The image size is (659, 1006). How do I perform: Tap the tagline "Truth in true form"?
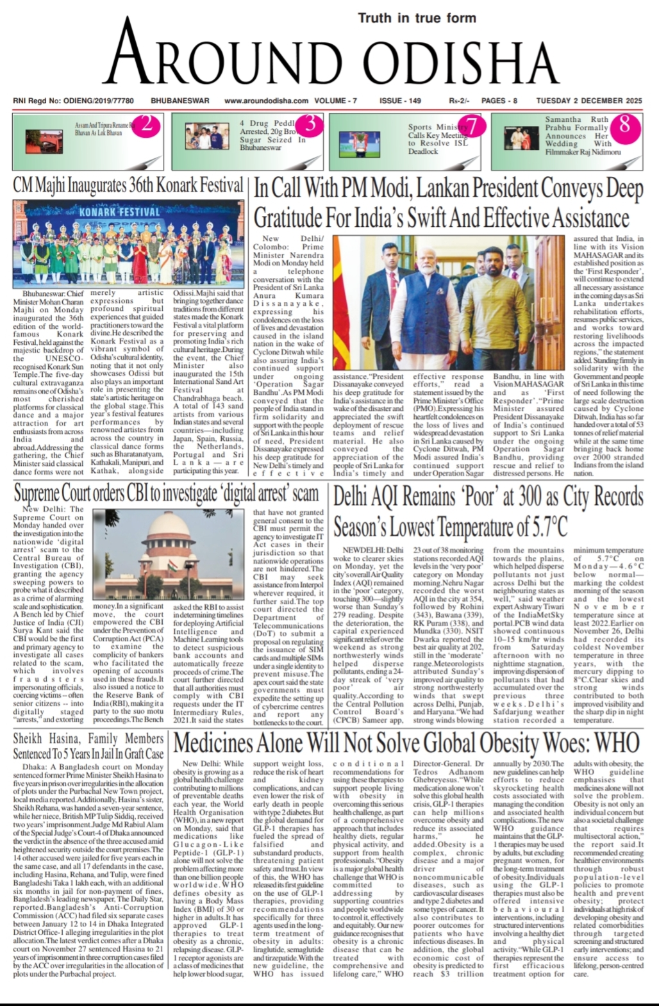[417, 18]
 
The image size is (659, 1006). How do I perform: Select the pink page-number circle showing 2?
[146, 124]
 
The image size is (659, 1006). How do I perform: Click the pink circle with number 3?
[310, 124]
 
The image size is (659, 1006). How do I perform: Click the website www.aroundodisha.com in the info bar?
[266, 101]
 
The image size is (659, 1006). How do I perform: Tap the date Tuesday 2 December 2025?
[589, 101]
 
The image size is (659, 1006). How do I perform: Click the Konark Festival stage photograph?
[128, 243]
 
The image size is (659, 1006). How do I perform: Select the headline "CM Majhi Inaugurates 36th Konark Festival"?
[128, 186]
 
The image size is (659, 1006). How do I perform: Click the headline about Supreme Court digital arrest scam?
[166, 493]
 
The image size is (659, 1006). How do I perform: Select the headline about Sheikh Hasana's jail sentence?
[88, 746]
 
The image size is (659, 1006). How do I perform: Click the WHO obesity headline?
[406, 743]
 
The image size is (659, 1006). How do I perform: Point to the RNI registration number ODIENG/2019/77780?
[73, 101]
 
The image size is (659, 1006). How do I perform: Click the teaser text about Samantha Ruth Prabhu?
[582, 136]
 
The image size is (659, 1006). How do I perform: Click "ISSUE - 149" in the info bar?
[400, 101]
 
